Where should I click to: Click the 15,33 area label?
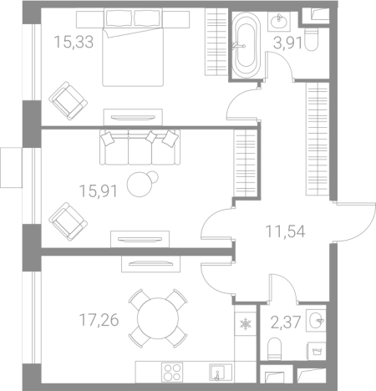[74, 43]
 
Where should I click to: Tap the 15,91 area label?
[99, 191]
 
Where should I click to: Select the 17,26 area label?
[99, 320]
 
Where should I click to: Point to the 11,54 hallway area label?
[286, 231]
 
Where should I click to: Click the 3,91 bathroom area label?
[287, 43]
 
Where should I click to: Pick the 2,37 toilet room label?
[286, 322]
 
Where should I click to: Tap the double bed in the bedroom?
[133, 48]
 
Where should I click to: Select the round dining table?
[158, 318]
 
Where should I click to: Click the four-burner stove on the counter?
[172, 373]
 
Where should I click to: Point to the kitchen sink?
[221, 373]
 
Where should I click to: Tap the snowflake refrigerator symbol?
[246, 324]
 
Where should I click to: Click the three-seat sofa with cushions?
[140, 147]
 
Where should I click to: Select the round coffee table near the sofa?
[142, 184]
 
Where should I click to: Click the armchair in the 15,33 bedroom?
[68, 101]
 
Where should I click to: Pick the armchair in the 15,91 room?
[68, 221]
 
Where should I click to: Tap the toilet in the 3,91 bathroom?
[311, 40]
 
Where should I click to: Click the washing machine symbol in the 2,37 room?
[316, 351]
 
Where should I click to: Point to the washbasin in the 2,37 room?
[316, 320]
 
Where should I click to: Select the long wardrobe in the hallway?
[318, 139]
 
